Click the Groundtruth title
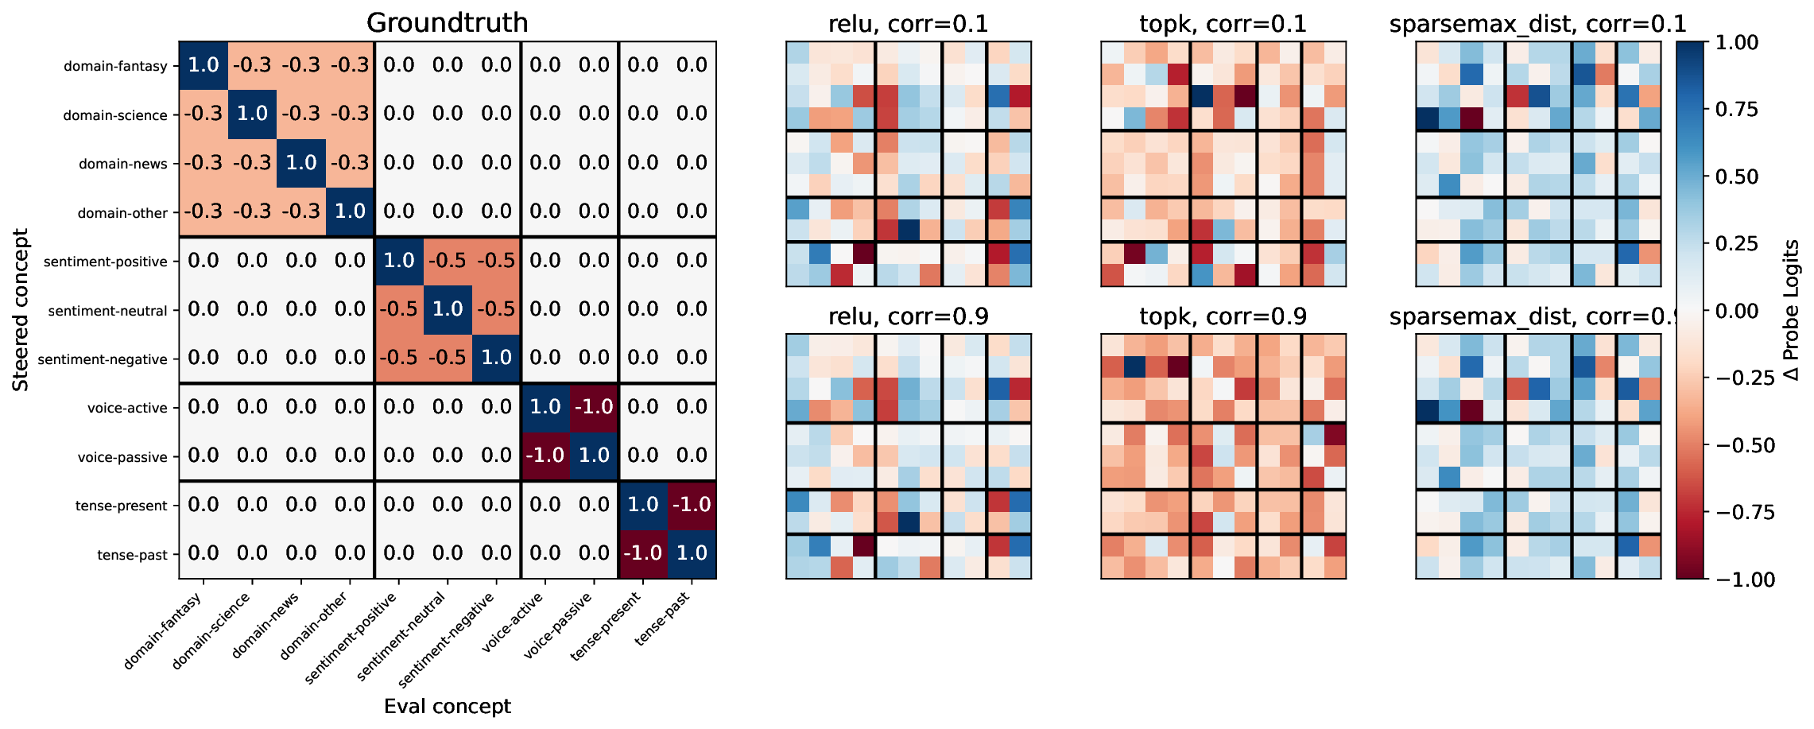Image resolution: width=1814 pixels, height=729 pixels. point(447,22)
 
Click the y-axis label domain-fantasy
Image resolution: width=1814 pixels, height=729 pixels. point(115,66)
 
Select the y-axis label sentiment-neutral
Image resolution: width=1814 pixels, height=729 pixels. point(107,311)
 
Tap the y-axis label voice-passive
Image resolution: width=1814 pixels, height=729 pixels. point(122,457)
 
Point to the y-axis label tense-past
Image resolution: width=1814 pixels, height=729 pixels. point(132,555)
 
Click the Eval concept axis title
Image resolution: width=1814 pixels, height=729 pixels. point(447,706)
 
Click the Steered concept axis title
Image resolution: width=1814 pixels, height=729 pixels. point(21,310)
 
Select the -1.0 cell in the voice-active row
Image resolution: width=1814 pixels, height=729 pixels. point(594,407)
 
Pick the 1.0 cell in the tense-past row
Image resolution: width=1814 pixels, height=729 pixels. point(692,553)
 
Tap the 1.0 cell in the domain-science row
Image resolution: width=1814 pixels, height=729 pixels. point(252,114)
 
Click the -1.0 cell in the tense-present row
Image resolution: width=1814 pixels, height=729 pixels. point(692,505)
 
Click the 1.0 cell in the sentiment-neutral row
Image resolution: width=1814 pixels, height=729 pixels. point(448,309)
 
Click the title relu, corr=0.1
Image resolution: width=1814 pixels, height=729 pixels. point(908,24)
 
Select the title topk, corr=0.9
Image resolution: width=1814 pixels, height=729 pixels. point(1223,316)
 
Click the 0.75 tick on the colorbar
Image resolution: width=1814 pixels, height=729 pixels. point(1742,109)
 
